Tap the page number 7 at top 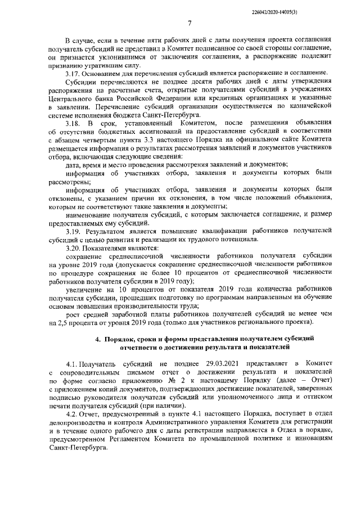tap(190, 23)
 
